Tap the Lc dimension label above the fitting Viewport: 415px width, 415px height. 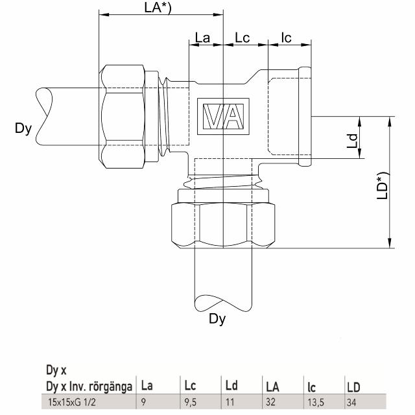pyautogui.click(x=243, y=38)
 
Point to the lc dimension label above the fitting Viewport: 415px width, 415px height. pyautogui.click(x=287, y=38)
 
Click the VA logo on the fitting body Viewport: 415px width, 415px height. pyautogui.click(x=224, y=117)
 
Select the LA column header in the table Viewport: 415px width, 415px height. pyautogui.click(x=272, y=388)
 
